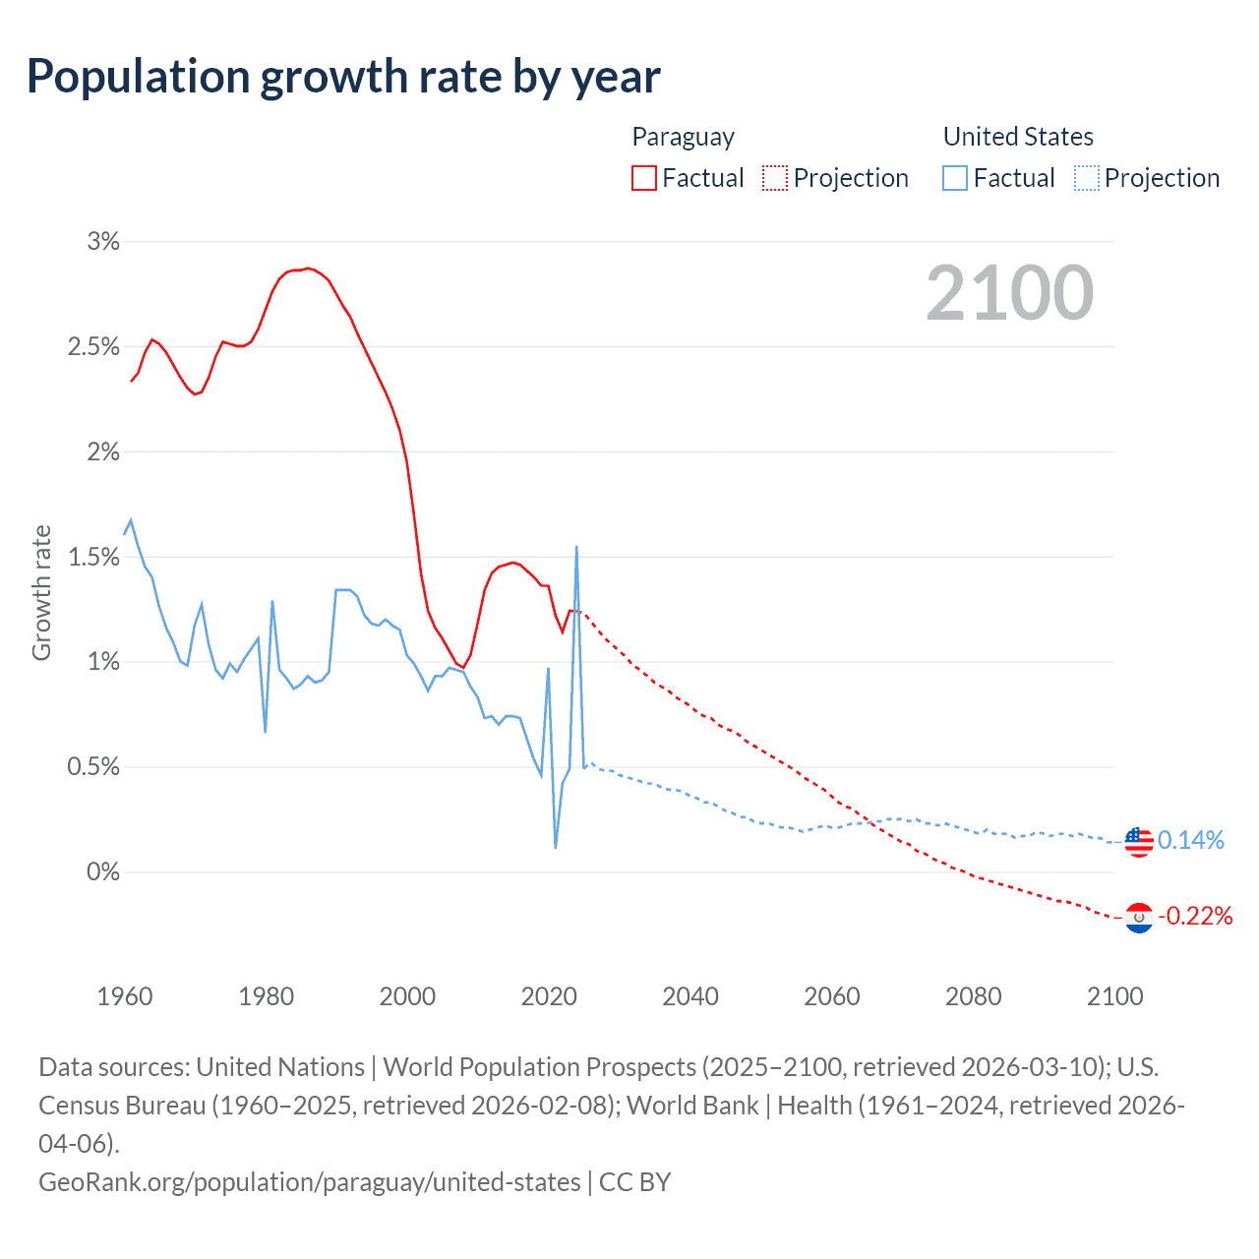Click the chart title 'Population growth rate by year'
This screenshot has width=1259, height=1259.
(343, 76)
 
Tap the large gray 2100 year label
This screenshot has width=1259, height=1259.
(1009, 292)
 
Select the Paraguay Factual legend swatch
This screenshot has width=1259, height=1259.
(644, 178)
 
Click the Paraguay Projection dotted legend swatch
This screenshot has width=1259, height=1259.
(775, 178)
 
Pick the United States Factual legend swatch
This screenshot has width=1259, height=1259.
(955, 178)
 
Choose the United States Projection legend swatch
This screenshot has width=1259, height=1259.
(1087, 178)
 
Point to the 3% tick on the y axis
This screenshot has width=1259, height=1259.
(103, 241)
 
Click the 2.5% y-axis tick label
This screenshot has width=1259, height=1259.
(93, 346)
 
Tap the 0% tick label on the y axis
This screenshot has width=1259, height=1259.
(102, 871)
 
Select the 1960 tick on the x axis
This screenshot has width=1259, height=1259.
(125, 996)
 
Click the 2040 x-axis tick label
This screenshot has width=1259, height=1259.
(690, 996)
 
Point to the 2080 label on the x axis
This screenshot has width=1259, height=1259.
(974, 996)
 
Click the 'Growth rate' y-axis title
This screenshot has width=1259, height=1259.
(41, 592)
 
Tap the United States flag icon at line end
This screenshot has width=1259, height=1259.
(1138, 842)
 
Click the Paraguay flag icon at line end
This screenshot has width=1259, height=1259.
(1138, 918)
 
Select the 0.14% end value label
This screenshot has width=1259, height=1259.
(1191, 840)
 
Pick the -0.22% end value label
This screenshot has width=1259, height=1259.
(1195, 917)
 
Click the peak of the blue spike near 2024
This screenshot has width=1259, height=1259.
(576, 547)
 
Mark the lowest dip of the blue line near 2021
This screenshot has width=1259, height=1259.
(556, 847)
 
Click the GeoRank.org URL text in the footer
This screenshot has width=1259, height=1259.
(310, 1181)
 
